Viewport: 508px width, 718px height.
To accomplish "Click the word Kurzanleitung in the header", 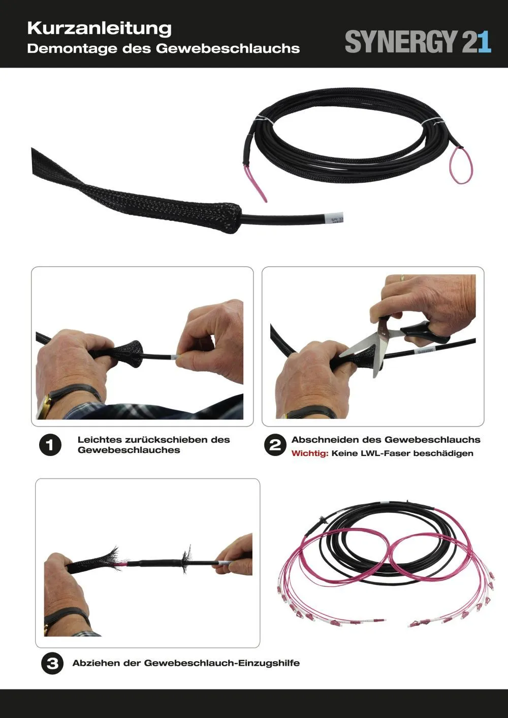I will (x=99, y=28).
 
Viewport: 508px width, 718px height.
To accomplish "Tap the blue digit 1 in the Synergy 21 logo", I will (x=484, y=42).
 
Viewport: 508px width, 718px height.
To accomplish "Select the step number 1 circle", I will (x=50, y=445).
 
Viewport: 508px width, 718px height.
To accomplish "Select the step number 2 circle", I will (x=275, y=445).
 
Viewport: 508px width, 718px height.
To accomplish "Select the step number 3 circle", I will (x=52, y=663).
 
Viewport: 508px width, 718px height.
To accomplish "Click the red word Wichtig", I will (x=309, y=453).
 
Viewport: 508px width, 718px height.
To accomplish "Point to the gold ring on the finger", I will (x=402, y=277).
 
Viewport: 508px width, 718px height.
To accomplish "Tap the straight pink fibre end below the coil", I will (x=257, y=184).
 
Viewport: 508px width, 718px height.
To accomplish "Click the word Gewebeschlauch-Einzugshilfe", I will (x=222, y=663).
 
